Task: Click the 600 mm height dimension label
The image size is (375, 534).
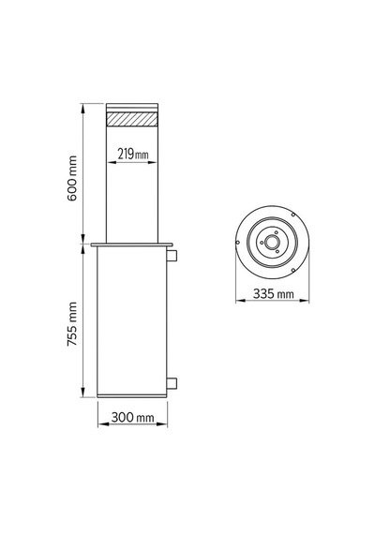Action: [72, 178]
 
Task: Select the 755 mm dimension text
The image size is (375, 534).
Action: [72, 324]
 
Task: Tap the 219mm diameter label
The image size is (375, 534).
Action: [133, 155]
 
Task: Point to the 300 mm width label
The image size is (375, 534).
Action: [132, 417]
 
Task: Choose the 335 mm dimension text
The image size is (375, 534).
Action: [274, 293]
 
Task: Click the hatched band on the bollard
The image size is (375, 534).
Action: [132, 119]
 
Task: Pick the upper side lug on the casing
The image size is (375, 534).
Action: [172, 255]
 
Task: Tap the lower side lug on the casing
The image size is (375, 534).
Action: [172, 383]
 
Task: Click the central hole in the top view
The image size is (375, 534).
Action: [272, 242]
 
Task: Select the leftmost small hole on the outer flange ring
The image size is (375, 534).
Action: [237, 242]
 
